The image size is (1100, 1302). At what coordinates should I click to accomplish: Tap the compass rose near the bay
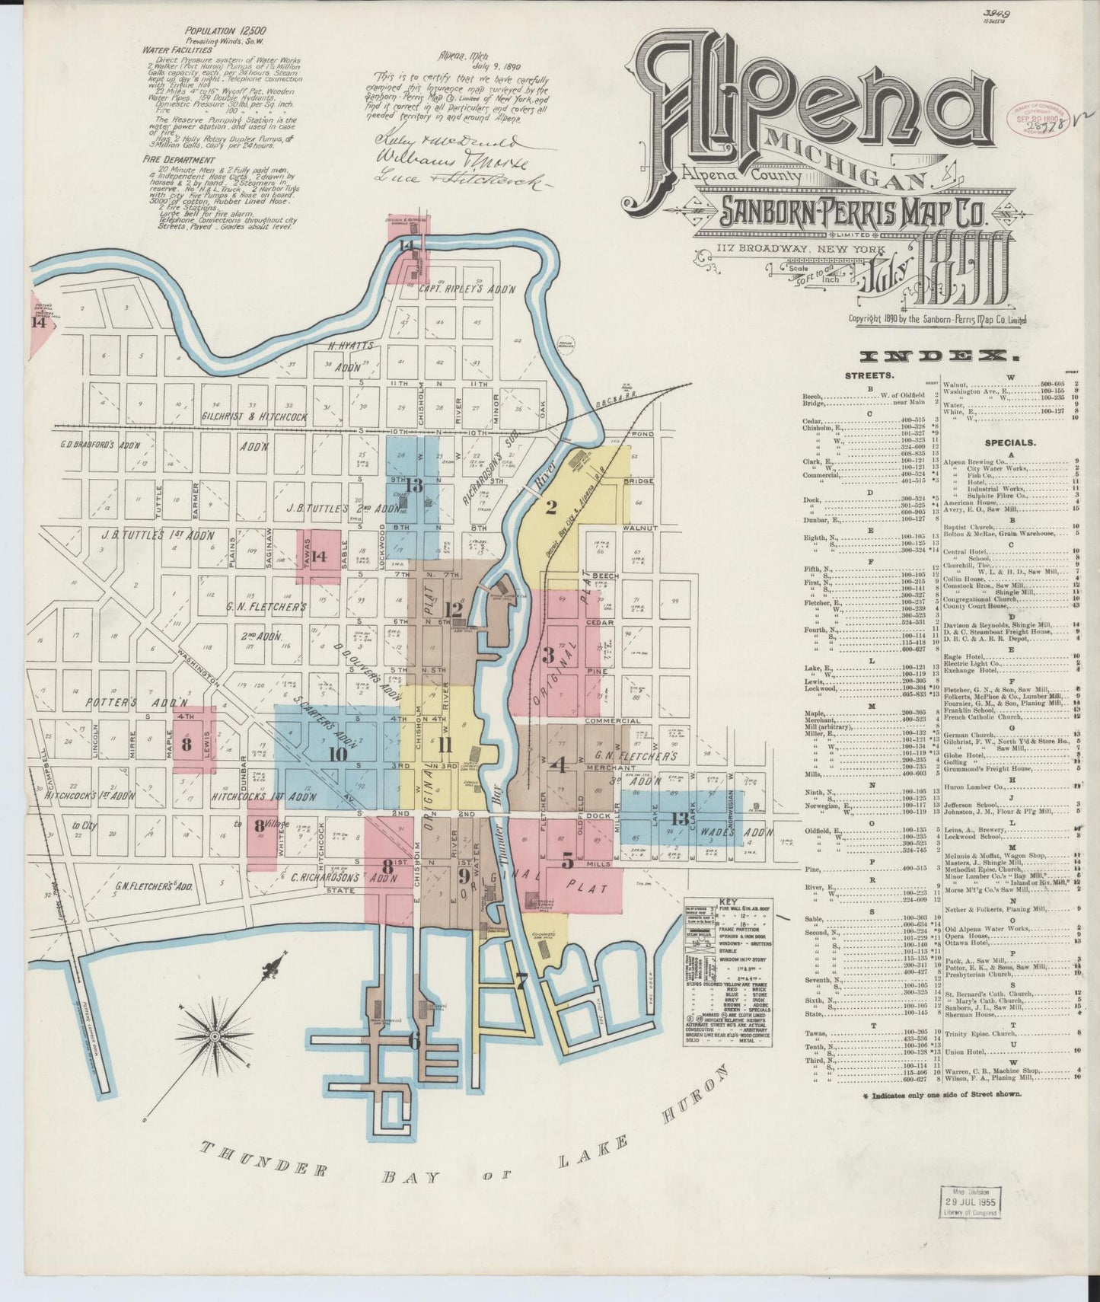tap(215, 1036)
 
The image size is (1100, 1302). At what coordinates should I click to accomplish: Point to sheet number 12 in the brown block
tap(454, 609)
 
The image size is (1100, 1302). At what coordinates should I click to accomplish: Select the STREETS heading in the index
tap(869, 375)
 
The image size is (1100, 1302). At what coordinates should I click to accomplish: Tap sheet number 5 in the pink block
tap(567, 862)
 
